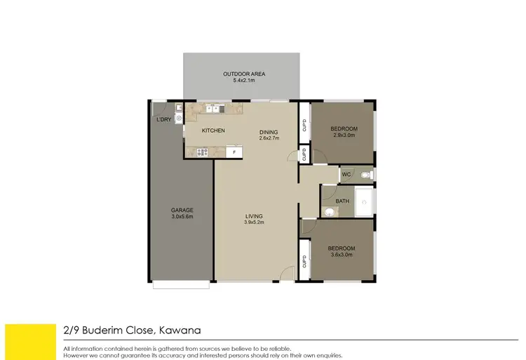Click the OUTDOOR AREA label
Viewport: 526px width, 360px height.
244,74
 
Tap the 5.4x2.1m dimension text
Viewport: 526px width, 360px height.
244,81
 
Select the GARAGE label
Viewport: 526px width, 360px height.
182,210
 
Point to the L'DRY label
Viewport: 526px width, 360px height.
163,120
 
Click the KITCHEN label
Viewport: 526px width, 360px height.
213,131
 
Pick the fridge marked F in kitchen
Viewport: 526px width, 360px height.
236,151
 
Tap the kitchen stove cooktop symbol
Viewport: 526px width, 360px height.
202,152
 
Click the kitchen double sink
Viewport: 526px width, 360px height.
213,109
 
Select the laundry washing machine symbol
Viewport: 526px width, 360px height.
179,119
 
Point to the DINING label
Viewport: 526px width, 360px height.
269,132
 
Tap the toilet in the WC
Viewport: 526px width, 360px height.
365,174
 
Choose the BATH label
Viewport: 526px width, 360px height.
342,201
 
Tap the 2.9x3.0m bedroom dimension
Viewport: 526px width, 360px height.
344,135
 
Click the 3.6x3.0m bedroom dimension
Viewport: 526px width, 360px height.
342,255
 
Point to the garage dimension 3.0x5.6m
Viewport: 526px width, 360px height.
182,217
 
